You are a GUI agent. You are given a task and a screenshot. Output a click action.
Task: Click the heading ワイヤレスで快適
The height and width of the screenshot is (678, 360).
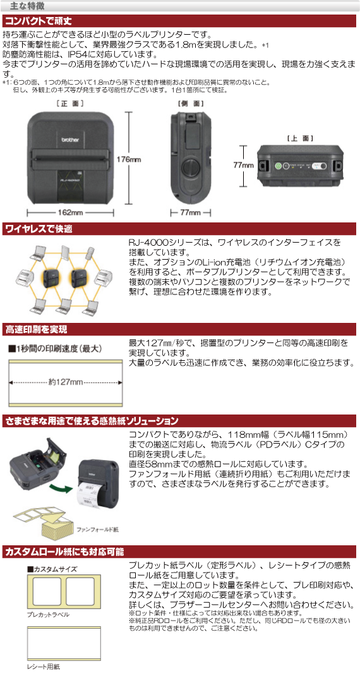39,229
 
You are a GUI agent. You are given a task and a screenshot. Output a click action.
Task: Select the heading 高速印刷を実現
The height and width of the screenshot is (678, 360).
36,330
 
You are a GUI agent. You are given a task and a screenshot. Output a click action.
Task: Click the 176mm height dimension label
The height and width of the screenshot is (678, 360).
128,159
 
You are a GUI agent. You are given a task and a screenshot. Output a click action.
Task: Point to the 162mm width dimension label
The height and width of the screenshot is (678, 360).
71,212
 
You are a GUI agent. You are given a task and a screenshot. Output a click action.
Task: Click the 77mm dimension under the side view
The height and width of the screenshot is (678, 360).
190,212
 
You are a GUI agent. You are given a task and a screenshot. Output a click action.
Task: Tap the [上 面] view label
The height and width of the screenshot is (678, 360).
300,138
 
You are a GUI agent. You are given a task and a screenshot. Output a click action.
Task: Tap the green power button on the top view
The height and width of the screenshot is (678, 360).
279,165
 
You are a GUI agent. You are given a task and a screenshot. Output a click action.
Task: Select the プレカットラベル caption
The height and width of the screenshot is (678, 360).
48,614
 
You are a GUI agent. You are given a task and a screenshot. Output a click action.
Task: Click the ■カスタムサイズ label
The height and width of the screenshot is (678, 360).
52,569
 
